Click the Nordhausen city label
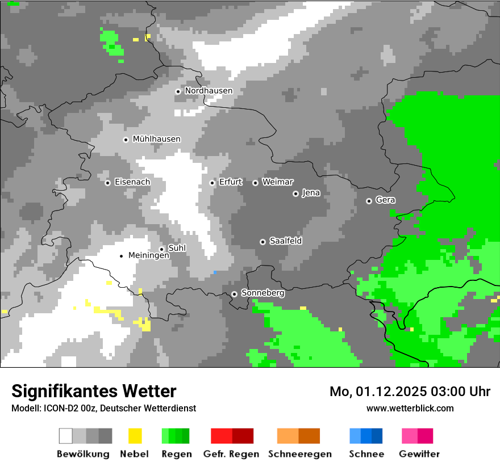(x=209, y=91)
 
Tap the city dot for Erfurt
(x=213, y=183)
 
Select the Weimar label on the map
(x=278, y=182)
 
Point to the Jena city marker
(x=295, y=194)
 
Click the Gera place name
(x=385, y=200)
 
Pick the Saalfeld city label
(x=286, y=241)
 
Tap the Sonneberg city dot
(x=234, y=294)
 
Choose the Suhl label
(x=177, y=249)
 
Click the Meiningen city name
(x=149, y=256)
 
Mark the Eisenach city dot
(x=107, y=183)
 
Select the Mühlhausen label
(x=157, y=139)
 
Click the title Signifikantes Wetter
(x=94, y=391)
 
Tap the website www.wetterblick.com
(x=410, y=408)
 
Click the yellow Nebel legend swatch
(x=135, y=436)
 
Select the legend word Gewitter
(x=419, y=454)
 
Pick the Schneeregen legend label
(x=300, y=454)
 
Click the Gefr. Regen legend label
(x=231, y=454)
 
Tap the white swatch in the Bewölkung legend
(x=66, y=436)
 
